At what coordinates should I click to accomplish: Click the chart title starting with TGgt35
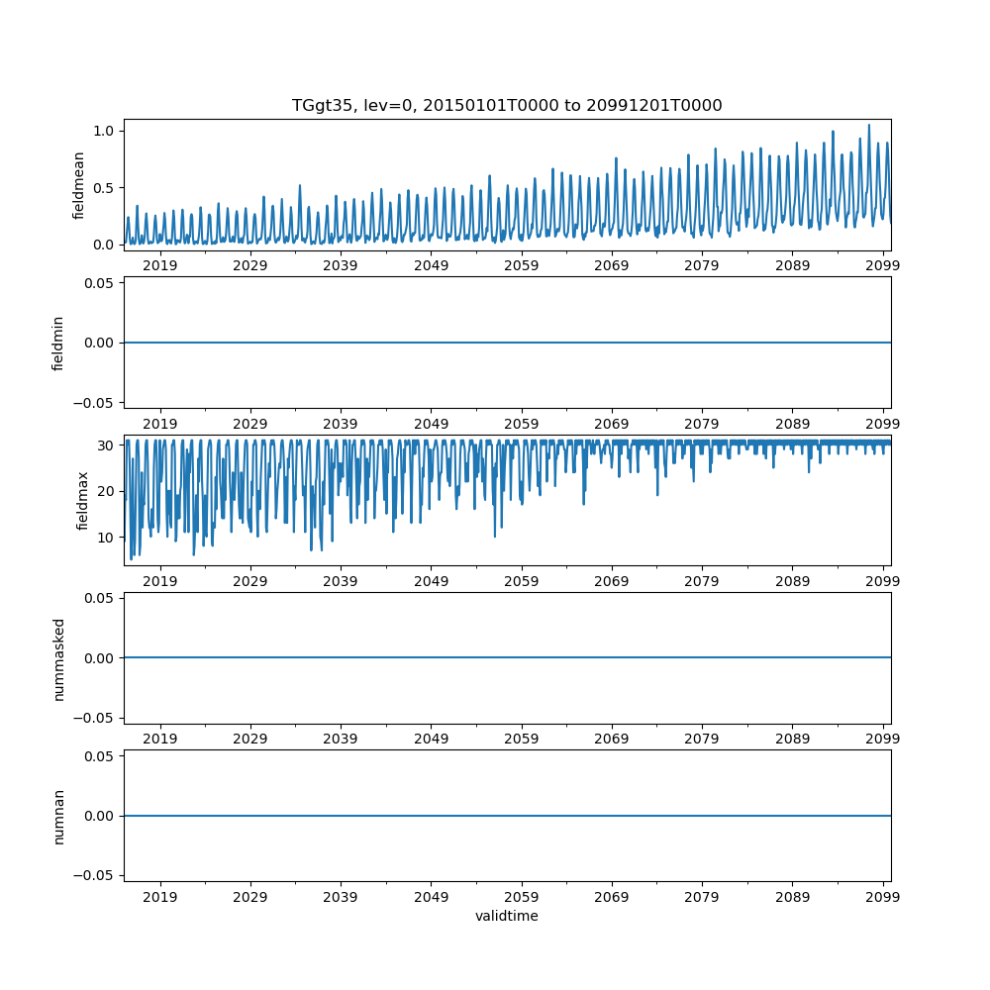click(506, 105)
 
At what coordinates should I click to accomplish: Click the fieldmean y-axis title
click(78, 185)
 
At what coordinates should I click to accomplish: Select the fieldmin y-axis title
click(58, 343)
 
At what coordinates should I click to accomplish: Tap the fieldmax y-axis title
click(83, 500)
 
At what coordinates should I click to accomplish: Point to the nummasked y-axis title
click(58, 658)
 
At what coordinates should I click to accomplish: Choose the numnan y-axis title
click(58, 816)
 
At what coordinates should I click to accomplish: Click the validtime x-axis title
click(506, 916)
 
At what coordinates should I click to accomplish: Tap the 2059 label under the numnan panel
click(522, 897)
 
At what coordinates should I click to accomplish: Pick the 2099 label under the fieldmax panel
click(882, 581)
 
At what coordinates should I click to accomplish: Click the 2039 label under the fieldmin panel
click(341, 424)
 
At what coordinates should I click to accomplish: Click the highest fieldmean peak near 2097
click(868, 126)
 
